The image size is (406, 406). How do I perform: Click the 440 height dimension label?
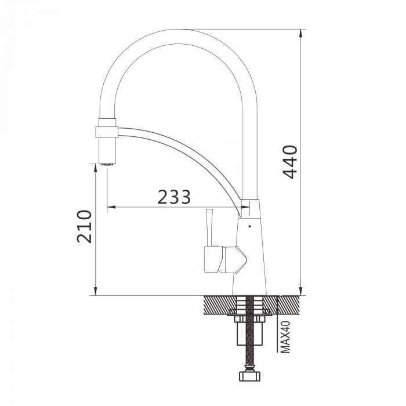290,162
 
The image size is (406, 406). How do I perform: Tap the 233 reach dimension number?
174,197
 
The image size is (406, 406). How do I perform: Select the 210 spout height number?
85,227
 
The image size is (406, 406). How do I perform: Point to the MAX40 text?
285,337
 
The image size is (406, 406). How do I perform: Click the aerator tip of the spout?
107,164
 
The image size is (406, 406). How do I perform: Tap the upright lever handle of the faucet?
209,227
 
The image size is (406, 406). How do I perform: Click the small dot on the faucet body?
249,226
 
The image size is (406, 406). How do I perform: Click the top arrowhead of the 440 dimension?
300,34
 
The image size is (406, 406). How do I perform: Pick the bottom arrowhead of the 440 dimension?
300,291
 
